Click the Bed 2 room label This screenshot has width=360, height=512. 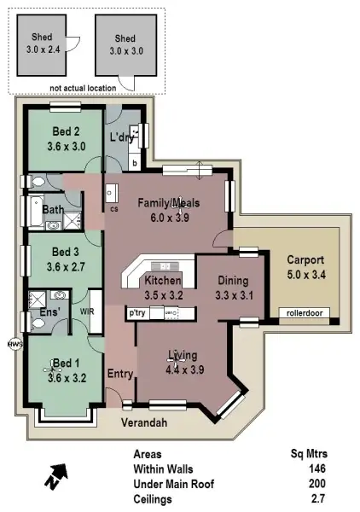point(66,131)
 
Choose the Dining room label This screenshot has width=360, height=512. point(232,281)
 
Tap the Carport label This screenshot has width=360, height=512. point(305,259)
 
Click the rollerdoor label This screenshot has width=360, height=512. point(305,313)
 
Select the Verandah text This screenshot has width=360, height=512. point(142,422)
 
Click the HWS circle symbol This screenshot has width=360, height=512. point(14,345)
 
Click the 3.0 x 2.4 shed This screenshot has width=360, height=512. point(42,44)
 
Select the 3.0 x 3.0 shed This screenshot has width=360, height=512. point(125,44)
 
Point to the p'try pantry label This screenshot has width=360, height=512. point(137,313)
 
